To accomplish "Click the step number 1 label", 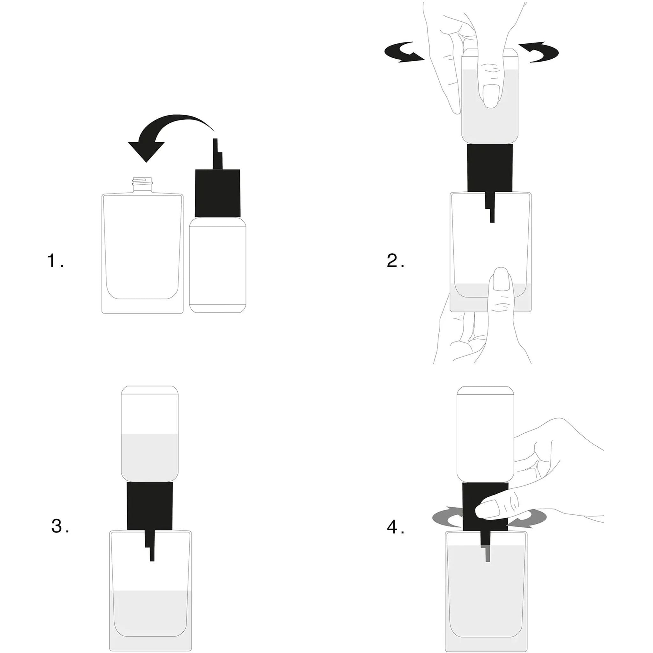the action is [55, 261].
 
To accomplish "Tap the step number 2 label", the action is [395, 260].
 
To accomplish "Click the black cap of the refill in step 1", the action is [218, 193].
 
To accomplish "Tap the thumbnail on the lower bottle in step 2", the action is [501, 279].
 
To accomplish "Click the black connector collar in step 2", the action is [490, 168].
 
